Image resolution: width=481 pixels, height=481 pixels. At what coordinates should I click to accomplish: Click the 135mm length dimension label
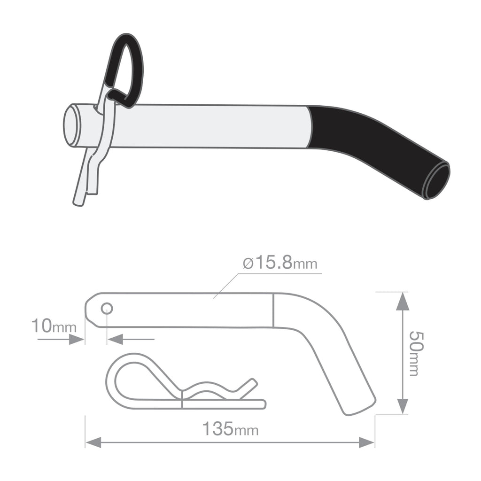pyautogui.click(x=230, y=429)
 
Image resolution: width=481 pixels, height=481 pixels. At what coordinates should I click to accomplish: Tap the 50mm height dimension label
pyautogui.click(x=415, y=353)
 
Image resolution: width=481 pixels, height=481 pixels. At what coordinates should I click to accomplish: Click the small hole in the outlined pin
pyautogui.click(x=107, y=308)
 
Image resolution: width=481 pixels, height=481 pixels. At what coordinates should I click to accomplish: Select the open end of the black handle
pyautogui.click(x=436, y=180)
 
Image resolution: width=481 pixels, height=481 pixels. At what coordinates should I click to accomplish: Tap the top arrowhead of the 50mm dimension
pyautogui.click(x=402, y=301)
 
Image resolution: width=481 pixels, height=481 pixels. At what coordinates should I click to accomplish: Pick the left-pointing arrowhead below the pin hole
pyautogui.click(x=115, y=339)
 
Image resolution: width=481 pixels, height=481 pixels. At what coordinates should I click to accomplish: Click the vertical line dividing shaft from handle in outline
pyautogui.click(x=273, y=310)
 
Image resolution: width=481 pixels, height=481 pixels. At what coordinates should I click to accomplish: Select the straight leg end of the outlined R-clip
pyautogui.click(x=260, y=404)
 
